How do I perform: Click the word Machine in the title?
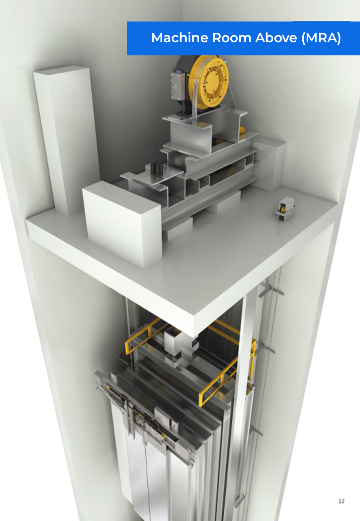pyautogui.click(x=180, y=37)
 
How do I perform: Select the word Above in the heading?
pyautogui.click(x=276, y=37)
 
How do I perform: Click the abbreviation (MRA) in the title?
pyautogui.click(x=321, y=38)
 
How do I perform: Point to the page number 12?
pyautogui.click(x=341, y=501)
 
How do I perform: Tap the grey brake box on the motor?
pyautogui.click(x=178, y=85)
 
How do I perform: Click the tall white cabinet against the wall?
pyautogui.click(x=66, y=139)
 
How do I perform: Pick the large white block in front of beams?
pyautogui.click(x=122, y=223)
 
